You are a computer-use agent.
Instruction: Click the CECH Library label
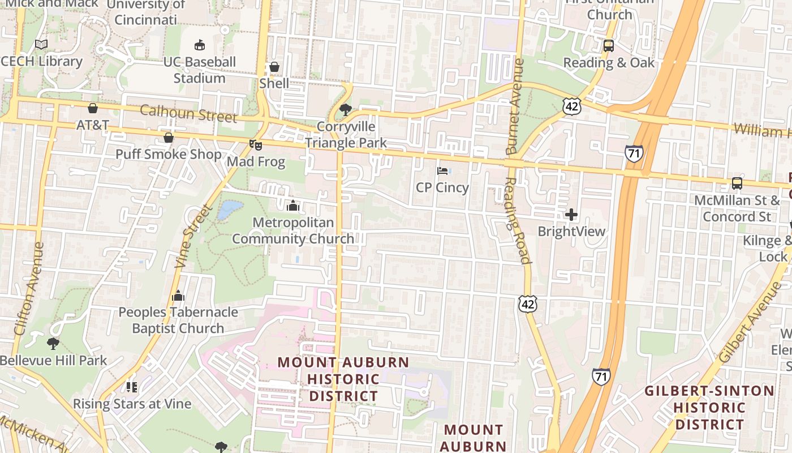(x=42, y=61)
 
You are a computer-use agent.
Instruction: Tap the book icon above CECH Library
(x=41, y=44)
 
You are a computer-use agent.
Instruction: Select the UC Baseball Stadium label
(x=199, y=70)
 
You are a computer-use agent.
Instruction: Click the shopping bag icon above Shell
(x=274, y=67)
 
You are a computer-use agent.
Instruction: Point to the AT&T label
(x=93, y=125)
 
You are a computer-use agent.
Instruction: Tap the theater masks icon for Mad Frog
(x=256, y=145)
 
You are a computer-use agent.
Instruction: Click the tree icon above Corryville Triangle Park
(x=345, y=109)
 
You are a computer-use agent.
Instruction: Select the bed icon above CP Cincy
(x=442, y=170)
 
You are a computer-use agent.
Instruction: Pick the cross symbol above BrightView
(x=571, y=215)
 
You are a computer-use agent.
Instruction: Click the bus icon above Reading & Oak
(x=609, y=46)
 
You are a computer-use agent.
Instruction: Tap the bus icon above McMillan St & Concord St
(x=737, y=183)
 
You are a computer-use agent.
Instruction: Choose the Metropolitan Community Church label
(x=293, y=230)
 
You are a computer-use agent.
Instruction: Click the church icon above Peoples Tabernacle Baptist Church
(x=178, y=296)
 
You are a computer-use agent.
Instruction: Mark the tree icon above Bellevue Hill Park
(x=53, y=344)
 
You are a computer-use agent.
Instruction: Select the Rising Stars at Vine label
(x=132, y=404)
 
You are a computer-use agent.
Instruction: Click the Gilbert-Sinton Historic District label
(x=709, y=407)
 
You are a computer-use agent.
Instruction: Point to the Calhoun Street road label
(x=188, y=113)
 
